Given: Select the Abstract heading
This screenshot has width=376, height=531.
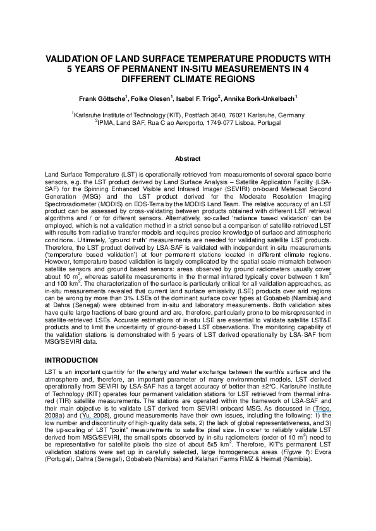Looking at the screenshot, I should pyautogui.click(x=188, y=160).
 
